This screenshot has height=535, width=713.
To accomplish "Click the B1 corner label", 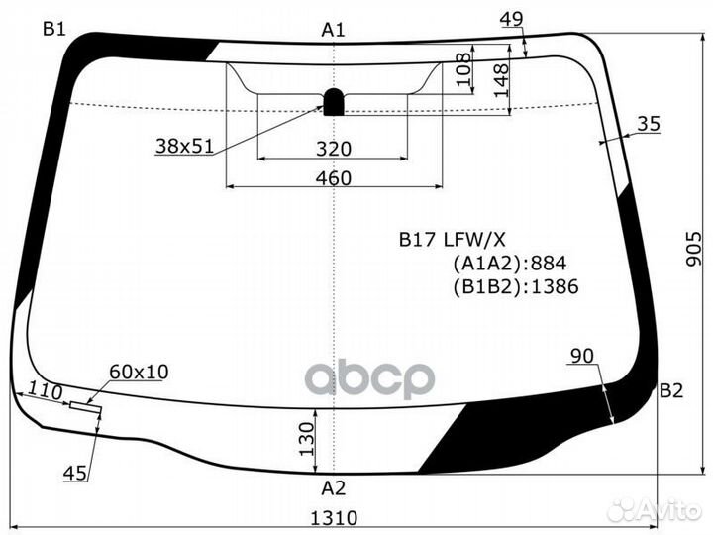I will point(52,29).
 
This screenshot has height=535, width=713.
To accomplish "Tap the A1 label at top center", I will point(333,30).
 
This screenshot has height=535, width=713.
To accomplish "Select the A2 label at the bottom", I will point(334,487).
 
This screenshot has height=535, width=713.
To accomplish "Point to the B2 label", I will point(671,390).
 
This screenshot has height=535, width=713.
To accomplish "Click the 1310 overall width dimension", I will point(334,517).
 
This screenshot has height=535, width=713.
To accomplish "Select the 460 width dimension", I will point(334,178).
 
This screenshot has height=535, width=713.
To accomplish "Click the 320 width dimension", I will point(334,149).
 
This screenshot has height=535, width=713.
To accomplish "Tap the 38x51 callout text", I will point(184,146).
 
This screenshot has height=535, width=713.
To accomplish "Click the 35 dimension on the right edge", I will point(648,124).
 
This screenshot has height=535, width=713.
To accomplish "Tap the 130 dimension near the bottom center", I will point(306,434).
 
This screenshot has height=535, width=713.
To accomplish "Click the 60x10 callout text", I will point(139,372).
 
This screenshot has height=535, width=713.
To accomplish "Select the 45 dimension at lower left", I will point(74,474).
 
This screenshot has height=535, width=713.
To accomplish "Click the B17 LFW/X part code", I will point(453,238).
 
